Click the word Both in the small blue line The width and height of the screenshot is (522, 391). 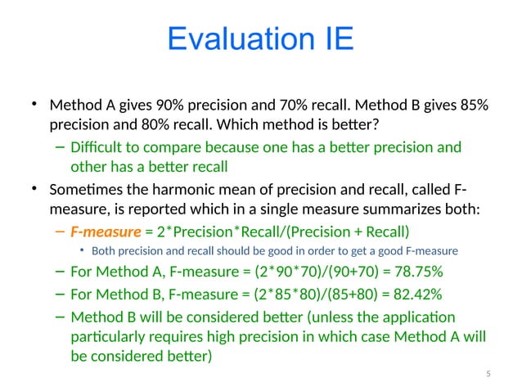105,251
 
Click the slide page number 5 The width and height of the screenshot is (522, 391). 488,374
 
